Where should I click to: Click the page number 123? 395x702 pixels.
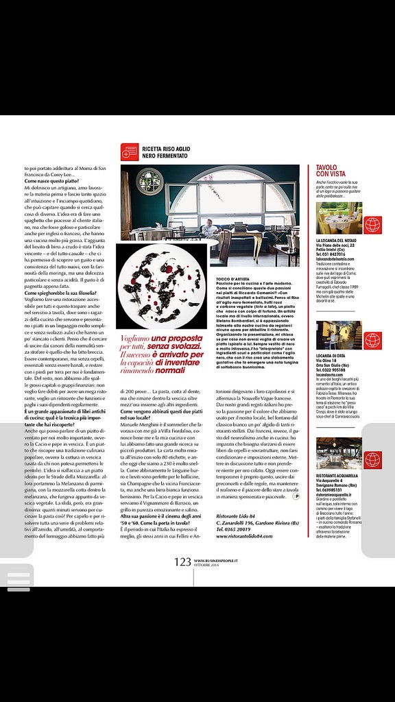click(x=182, y=561)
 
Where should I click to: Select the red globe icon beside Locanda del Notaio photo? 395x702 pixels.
click(x=371, y=223)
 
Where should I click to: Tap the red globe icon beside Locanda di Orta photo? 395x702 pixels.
click(x=371, y=339)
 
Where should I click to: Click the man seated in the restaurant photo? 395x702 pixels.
click(x=208, y=229)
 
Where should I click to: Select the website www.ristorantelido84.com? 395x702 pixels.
click(x=243, y=535)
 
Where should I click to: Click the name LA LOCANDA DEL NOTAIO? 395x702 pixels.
click(x=336, y=240)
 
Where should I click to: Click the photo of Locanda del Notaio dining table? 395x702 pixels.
click(x=338, y=217)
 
